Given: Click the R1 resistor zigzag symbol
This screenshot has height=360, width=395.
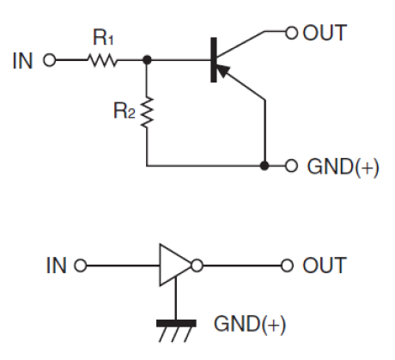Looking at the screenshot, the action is tap(102, 60).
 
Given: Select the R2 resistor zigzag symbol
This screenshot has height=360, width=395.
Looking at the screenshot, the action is tap(147, 112).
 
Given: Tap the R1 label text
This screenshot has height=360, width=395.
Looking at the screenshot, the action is tap(103, 37).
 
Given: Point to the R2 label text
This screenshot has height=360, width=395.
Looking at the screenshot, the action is tap(125, 111).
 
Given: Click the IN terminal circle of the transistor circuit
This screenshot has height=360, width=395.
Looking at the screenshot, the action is tap(50, 60).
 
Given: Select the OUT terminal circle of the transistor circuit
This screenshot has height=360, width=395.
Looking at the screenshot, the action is tap(291, 34).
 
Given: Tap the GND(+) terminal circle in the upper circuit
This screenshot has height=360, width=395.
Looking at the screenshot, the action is tap(291, 166).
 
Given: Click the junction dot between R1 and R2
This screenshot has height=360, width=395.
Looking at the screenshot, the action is tap(147, 60).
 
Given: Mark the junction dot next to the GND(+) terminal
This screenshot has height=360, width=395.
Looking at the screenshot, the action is tap(264, 166).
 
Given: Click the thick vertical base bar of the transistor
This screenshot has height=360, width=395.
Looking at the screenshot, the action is tap(214, 60).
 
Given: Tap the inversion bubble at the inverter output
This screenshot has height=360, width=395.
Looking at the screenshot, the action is tap(197, 265).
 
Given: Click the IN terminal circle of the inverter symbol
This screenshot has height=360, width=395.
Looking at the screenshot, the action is tap(81, 265).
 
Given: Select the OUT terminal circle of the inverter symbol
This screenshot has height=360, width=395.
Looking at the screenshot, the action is tap(287, 265).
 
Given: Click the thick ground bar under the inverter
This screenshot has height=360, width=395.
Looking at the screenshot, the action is tap(176, 323).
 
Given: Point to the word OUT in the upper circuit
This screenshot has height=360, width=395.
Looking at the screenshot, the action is tap(325, 33).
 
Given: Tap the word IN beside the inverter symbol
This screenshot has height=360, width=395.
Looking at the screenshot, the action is tap(57, 265).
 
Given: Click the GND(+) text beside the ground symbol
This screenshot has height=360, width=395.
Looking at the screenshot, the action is tap(250, 325).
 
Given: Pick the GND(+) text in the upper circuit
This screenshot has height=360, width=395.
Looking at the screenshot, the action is tap(343, 167).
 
